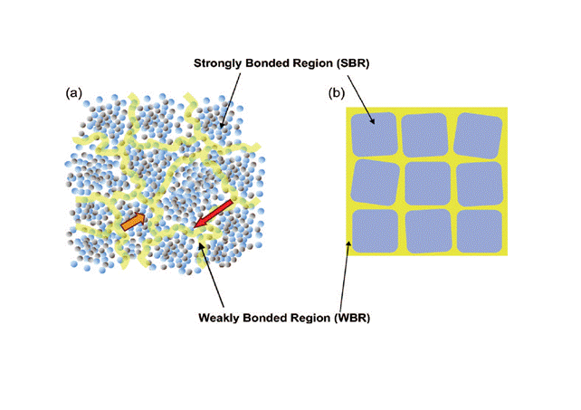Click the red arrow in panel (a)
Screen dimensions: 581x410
214,214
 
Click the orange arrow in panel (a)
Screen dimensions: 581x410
133,222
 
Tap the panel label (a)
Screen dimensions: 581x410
73,92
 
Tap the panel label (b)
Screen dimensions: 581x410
337,92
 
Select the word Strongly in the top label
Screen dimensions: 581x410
218,63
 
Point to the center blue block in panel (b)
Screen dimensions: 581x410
427,184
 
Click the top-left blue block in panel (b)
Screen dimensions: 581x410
374,134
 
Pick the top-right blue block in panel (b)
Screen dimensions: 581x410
478,136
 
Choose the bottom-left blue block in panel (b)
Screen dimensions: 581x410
375,232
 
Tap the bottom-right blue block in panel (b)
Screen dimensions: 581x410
480,232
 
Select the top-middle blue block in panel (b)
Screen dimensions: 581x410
425,135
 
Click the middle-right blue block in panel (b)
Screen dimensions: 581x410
480,184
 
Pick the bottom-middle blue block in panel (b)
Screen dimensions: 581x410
428,232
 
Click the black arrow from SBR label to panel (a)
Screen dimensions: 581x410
230,100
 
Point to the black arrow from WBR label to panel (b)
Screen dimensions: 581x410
344,276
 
